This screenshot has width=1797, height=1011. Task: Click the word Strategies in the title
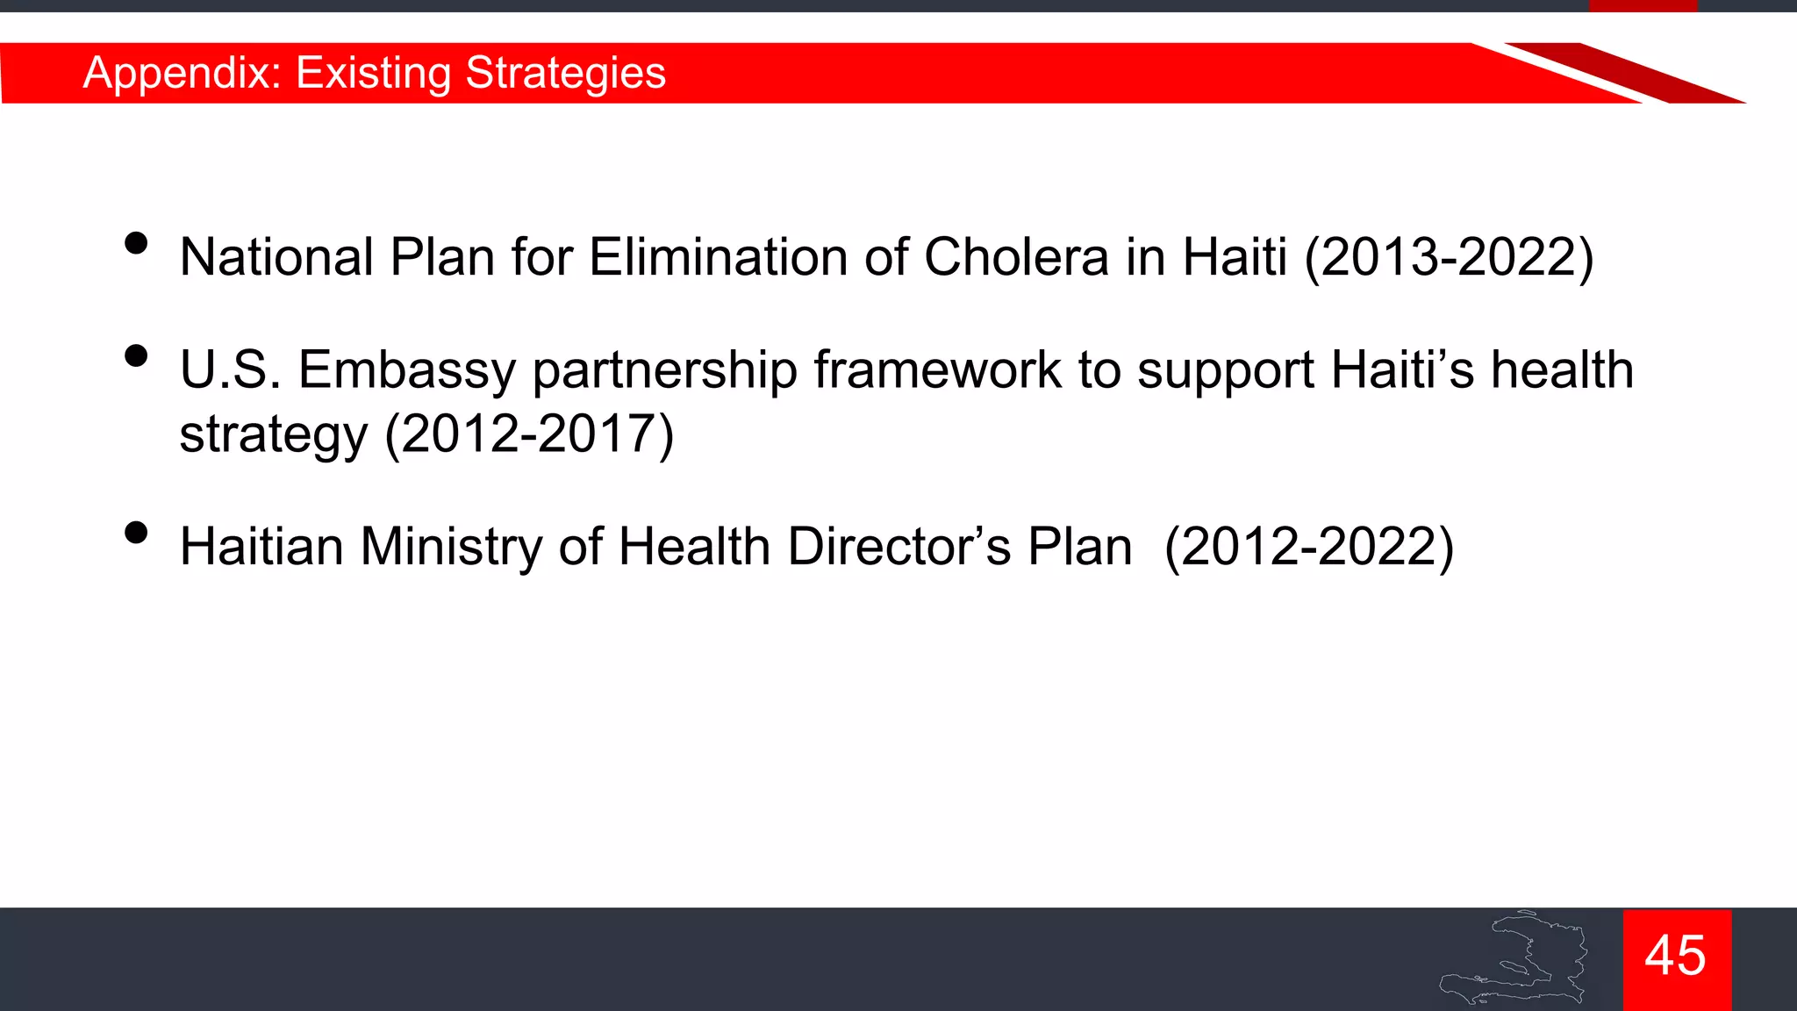(565, 73)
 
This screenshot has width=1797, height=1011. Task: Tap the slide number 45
(1676, 956)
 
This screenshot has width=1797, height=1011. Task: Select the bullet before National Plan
(136, 243)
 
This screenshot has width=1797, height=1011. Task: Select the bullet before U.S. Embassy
(136, 355)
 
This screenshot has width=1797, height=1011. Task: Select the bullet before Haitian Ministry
(136, 533)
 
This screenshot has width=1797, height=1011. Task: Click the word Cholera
(1016, 257)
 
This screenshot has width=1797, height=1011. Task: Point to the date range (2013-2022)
(1449, 257)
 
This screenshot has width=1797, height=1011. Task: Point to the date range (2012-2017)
(529, 434)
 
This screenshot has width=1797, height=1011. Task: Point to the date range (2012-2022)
(1308, 547)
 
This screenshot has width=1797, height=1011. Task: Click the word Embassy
(406, 369)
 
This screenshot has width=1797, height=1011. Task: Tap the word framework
(937, 369)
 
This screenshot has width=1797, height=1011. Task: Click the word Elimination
(718, 257)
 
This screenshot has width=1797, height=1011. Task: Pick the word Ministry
(450, 547)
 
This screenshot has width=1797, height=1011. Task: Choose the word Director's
(898, 547)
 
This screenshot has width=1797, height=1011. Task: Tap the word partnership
(664, 371)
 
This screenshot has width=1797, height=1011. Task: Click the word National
(276, 257)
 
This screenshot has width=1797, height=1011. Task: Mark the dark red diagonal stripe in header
(1623, 72)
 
